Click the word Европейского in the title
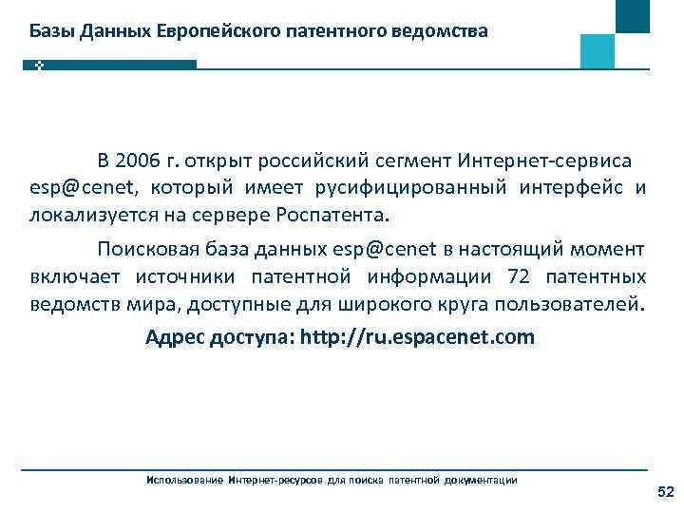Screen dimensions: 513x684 (x=217, y=31)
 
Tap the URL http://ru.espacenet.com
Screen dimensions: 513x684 (x=417, y=336)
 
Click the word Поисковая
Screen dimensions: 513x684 (x=153, y=250)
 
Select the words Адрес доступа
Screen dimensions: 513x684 (x=218, y=336)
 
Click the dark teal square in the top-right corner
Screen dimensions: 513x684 (x=633, y=15)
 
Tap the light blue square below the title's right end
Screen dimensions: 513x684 (x=598, y=50)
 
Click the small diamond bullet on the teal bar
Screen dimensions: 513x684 (x=40, y=66)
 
